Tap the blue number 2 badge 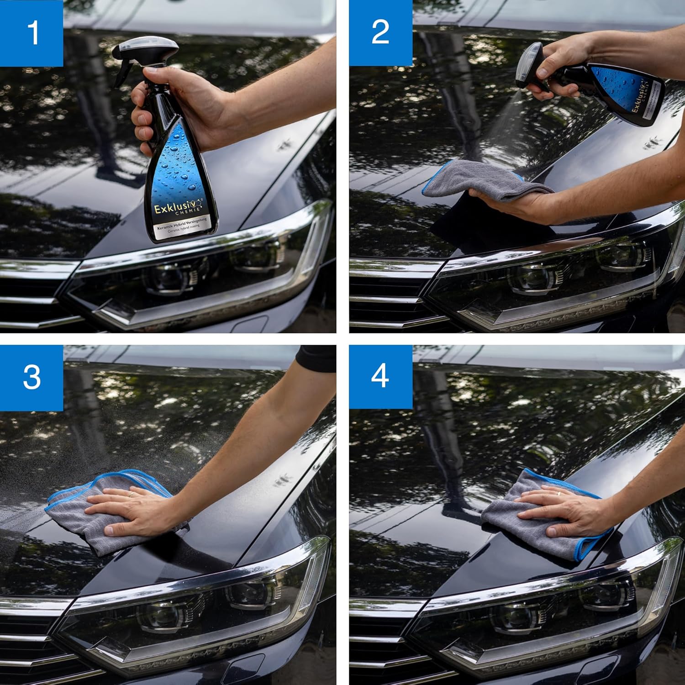pos(380,33)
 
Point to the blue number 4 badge pos(380,377)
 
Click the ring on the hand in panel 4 pos(558,493)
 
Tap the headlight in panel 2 pos(548,279)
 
